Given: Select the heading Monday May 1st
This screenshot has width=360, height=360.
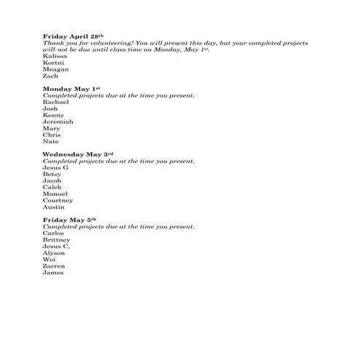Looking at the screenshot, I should (x=71, y=89).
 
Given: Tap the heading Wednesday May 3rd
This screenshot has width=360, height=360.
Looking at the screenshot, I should (x=79, y=154).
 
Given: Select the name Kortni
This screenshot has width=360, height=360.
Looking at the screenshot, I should (x=54, y=62).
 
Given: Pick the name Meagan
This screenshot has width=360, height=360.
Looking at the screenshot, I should (x=56, y=69).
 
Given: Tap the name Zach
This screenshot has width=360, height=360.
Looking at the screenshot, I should (x=50, y=76).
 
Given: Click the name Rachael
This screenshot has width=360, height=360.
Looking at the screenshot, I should (x=56, y=102).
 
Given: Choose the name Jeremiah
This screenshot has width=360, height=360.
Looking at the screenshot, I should (x=58, y=121).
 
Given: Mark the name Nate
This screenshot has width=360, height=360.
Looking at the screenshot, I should (x=50, y=141).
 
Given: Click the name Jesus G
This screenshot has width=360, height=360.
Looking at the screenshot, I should (x=55, y=167).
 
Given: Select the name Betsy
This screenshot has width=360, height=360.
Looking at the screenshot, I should (x=52, y=175).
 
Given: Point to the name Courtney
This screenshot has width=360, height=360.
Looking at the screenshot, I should (x=58, y=201).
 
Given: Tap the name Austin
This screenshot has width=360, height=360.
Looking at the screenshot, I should (x=54, y=207).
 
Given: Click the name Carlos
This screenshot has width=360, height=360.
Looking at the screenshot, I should (x=54, y=233).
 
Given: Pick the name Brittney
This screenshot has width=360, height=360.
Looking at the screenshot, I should (x=57, y=240).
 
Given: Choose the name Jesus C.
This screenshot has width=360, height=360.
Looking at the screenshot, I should (x=56, y=247).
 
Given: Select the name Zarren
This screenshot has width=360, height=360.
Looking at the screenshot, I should (x=54, y=266).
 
